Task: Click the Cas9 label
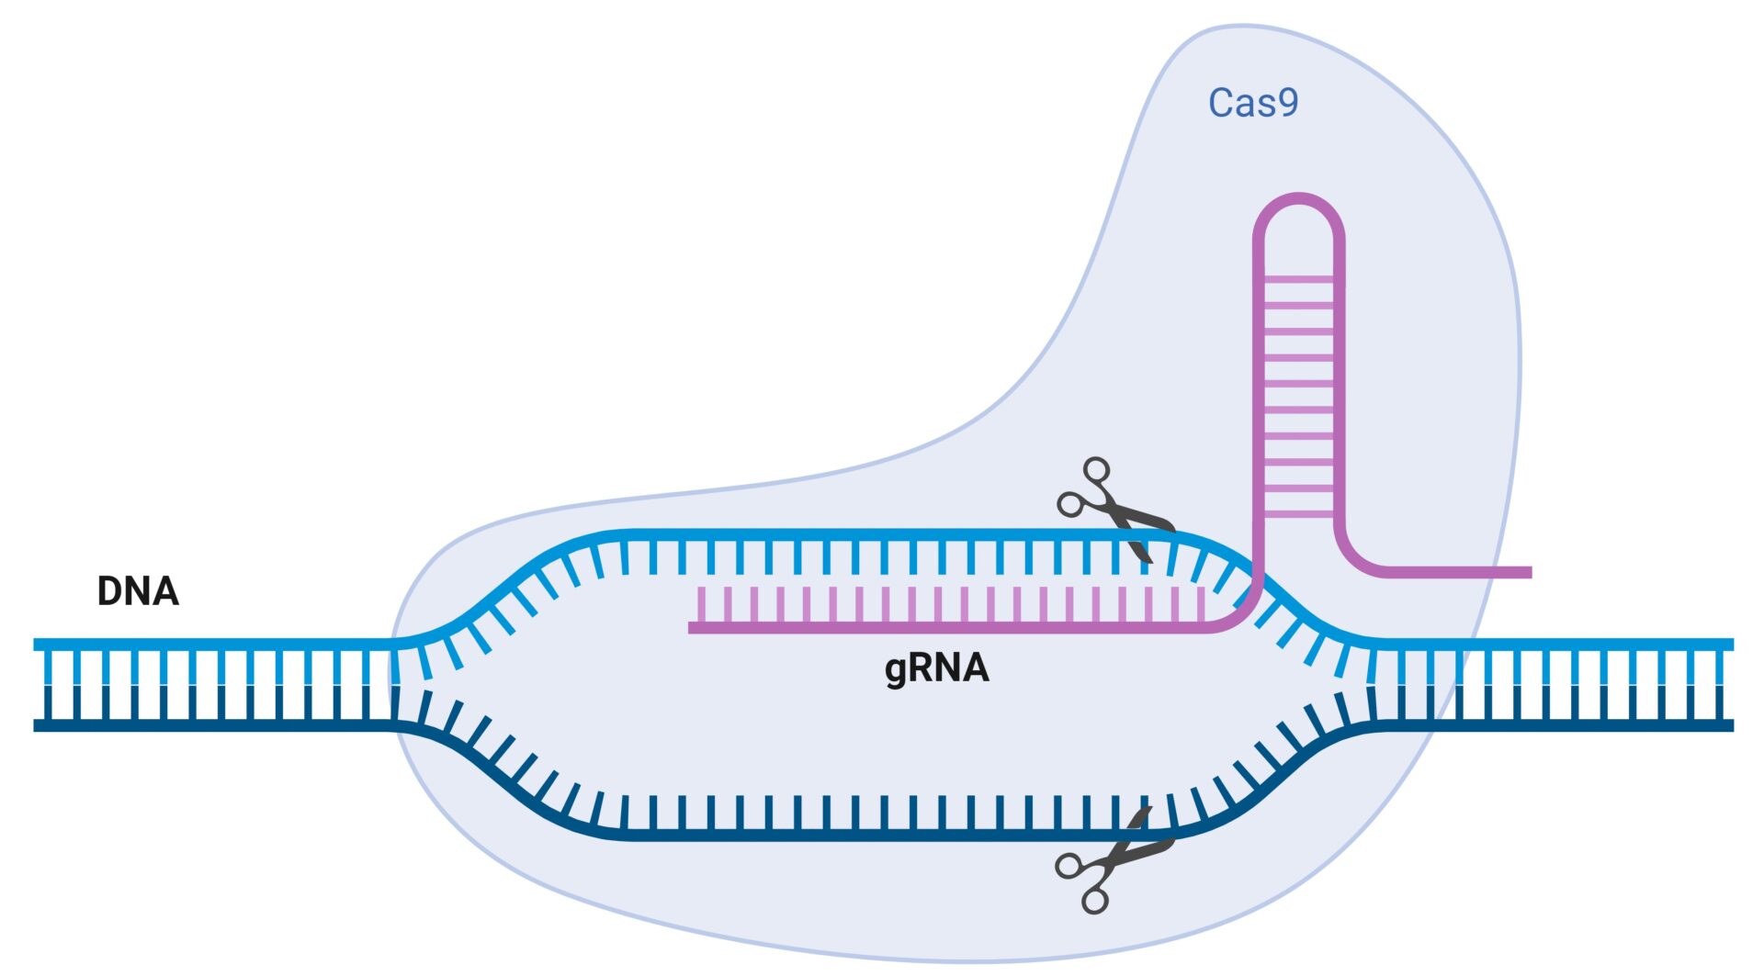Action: point(1252,103)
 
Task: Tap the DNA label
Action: point(138,591)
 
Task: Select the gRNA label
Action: point(936,667)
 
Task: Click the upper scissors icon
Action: point(1113,507)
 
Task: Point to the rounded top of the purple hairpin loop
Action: point(1298,198)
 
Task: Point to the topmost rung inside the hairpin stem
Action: point(1298,278)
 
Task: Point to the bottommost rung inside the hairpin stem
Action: point(1298,514)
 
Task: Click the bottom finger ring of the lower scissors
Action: point(1094,900)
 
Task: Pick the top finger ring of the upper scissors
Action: point(1096,470)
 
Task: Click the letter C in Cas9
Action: point(1221,103)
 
